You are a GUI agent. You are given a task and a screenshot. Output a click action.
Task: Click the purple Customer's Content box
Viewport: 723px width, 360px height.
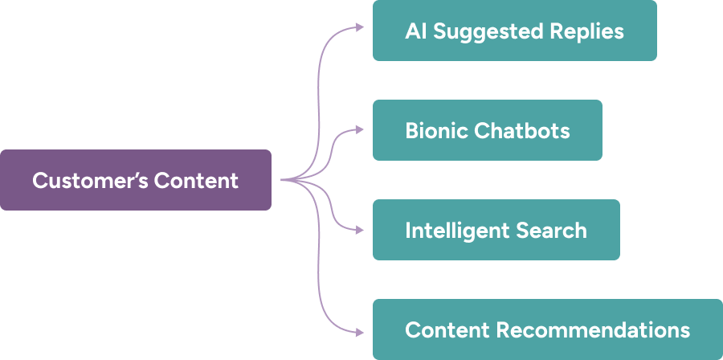click(x=135, y=180)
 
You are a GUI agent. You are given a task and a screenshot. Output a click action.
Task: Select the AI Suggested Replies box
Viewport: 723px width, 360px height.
click(x=514, y=31)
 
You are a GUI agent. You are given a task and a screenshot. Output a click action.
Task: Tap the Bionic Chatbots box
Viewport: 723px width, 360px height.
click(x=487, y=130)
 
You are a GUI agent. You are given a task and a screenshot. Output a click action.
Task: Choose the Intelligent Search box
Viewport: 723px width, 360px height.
click(x=496, y=230)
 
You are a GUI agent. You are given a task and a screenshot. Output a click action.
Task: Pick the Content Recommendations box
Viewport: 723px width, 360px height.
click(x=547, y=329)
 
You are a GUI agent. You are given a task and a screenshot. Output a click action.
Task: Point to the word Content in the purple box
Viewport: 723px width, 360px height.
click(x=196, y=180)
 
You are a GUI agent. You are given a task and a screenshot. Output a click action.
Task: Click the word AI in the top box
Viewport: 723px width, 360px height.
click(x=415, y=31)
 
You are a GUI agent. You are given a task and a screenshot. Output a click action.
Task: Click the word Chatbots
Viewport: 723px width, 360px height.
click(x=522, y=130)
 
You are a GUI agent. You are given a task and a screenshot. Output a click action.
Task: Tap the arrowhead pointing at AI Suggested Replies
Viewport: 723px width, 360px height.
click(x=359, y=28)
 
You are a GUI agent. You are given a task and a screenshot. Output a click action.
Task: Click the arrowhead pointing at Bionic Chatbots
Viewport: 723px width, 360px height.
click(x=359, y=129)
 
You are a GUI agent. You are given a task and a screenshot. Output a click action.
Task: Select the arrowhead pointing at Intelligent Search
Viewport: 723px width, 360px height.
click(x=359, y=230)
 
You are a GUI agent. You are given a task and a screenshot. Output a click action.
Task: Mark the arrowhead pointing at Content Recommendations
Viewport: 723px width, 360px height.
click(x=359, y=330)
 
